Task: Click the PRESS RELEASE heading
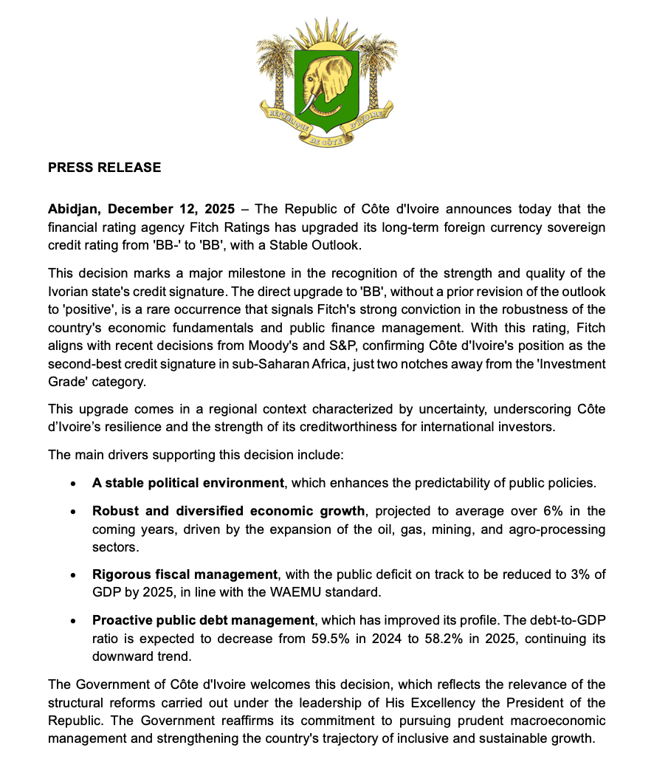[104, 168]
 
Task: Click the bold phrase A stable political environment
[188, 483]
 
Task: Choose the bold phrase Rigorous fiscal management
[185, 574]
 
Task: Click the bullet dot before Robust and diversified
[72, 511]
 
